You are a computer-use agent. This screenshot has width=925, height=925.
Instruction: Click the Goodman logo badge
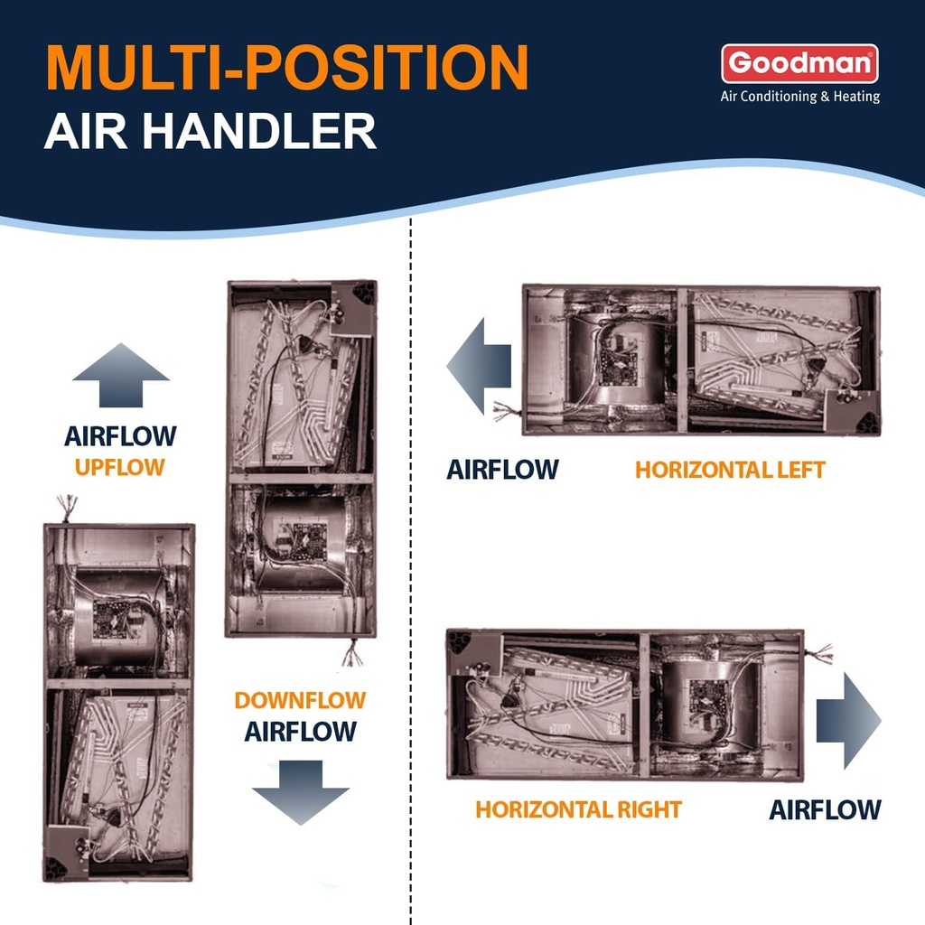799,63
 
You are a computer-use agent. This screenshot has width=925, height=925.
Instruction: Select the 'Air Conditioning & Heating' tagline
799,97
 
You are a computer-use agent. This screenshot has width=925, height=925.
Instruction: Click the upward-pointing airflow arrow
120,374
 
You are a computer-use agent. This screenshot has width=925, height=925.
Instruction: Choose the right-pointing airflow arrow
848,719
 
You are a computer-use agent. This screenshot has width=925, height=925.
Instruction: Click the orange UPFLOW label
120,467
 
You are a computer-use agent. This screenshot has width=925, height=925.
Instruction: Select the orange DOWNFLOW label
300,700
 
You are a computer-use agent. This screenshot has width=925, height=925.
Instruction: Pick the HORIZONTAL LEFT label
730,470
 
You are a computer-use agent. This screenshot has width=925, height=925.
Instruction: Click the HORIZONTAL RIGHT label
579,809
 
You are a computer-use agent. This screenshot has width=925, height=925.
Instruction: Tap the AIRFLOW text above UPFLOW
120,437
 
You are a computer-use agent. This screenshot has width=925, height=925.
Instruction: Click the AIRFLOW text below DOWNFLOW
300,731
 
